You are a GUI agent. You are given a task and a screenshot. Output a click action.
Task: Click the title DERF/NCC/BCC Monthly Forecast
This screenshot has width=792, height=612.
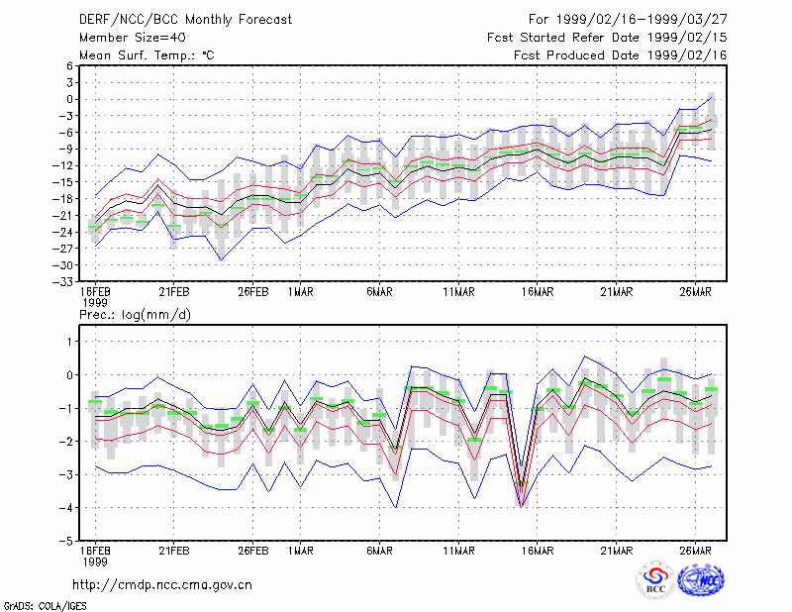pyautogui.click(x=185, y=20)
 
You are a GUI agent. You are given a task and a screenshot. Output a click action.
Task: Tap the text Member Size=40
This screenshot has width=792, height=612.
pyautogui.click(x=133, y=38)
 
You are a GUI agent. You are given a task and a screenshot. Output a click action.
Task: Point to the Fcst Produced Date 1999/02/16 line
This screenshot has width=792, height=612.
pyautogui.click(x=621, y=55)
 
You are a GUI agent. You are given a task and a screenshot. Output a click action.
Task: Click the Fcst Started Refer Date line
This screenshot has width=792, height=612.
pyautogui.click(x=607, y=38)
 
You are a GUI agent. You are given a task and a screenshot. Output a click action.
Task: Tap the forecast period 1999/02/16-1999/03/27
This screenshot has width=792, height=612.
pyautogui.click(x=642, y=20)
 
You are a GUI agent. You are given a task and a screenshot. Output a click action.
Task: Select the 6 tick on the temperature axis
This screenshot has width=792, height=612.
pyautogui.click(x=69, y=65)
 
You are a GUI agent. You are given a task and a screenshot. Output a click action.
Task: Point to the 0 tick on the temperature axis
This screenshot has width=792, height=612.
pyautogui.click(x=69, y=99)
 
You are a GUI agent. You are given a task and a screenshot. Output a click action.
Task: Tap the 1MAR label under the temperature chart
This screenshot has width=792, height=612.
pyautogui.click(x=301, y=292)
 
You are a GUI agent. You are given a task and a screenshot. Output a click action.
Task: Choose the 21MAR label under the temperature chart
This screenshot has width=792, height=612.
pyautogui.click(x=616, y=292)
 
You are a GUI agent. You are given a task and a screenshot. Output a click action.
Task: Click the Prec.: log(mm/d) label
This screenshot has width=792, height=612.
pyautogui.click(x=135, y=315)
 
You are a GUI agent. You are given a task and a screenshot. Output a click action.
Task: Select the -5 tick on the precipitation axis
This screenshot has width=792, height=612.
pyautogui.click(x=66, y=541)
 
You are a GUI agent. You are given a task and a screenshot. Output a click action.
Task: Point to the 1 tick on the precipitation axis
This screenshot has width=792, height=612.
pyautogui.click(x=69, y=342)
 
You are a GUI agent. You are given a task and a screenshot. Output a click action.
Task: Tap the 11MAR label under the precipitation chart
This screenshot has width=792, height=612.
pyautogui.click(x=458, y=551)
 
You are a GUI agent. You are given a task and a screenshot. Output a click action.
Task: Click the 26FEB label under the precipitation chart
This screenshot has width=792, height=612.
pyautogui.click(x=253, y=551)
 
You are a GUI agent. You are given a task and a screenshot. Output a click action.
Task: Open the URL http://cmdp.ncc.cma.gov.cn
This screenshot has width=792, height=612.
pyautogui.click(x=162, y=585)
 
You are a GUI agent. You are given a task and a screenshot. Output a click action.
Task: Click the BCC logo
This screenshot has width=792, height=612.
pyautogui.click(x=655, y=580)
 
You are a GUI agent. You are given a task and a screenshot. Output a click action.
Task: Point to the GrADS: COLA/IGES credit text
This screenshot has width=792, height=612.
pyautogui.click(x=45, y=606)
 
